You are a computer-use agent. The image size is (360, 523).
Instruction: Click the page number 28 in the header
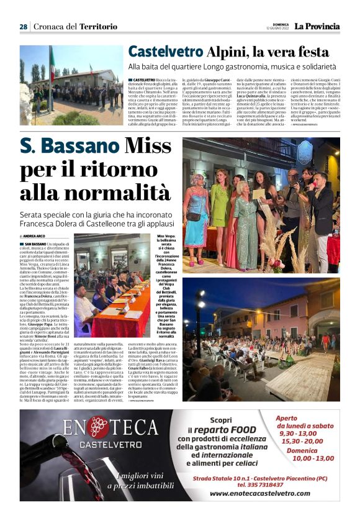tap(23, 27)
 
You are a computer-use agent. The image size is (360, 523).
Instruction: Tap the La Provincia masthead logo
tap(317, 26)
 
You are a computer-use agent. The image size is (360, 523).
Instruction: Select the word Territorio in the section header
tap(93, 27)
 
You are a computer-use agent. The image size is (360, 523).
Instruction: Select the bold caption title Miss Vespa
tap(166, 237)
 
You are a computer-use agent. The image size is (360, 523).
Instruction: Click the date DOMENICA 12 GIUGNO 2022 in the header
tap(277, 27)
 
